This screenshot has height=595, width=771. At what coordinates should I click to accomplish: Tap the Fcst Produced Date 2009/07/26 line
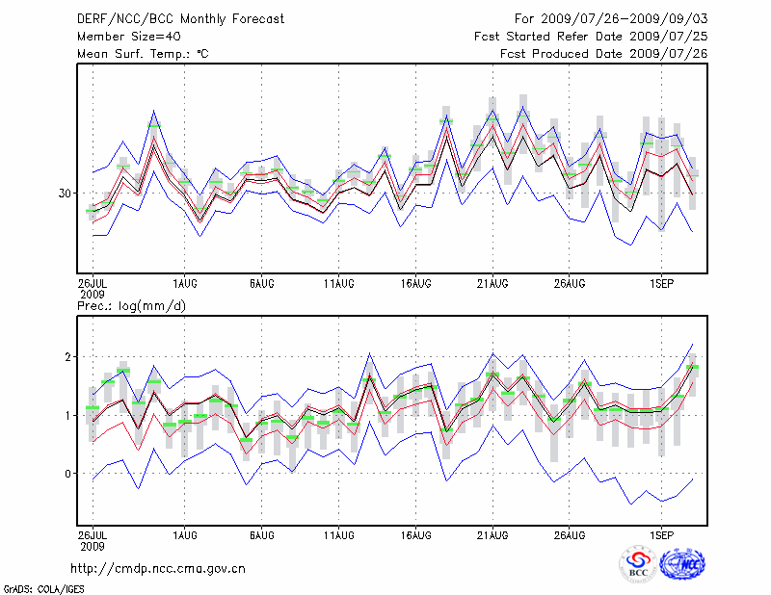[603, 54]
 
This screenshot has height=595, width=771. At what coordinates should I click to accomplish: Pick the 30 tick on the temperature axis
[65, 194]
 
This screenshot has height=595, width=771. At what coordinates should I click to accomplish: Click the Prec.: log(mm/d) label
[131, 306]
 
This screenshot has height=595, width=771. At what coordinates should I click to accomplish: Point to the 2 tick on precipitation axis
[68, 357]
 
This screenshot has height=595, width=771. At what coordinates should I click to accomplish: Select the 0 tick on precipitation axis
[68, 474]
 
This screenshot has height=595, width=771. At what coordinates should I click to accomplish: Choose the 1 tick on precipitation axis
[68, 416]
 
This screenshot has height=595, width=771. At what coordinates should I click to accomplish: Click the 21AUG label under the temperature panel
[492, 284]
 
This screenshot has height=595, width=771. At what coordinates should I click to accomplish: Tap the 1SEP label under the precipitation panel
[660, 533]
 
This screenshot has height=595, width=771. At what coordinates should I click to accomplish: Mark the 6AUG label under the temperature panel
[261, 284]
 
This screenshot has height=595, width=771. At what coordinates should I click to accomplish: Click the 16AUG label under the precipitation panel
[415, 533]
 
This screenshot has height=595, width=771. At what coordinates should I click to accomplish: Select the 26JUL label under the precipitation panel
[93, 533]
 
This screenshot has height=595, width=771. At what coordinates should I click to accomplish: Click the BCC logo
[638, 564]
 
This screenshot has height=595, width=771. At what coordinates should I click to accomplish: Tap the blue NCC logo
[681, 564]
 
